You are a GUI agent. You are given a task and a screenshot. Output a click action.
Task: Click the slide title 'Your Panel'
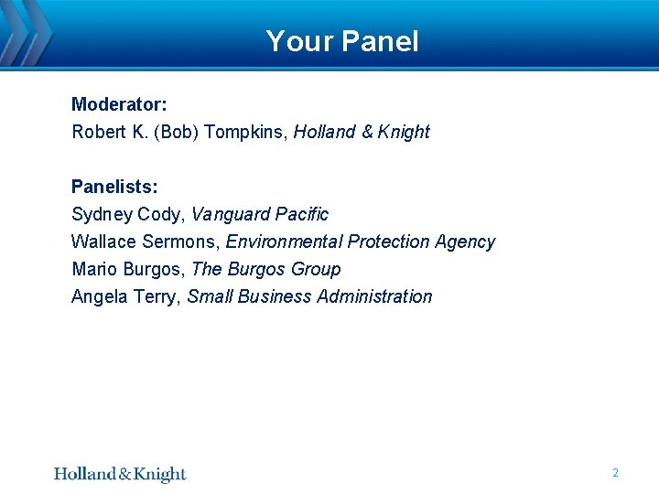coord(342,41)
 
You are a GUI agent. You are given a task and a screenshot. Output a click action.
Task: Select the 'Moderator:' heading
coord(119,104)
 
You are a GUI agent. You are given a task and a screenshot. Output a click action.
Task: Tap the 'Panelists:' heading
coord(114,187)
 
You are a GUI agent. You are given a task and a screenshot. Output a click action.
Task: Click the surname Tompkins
coord(245,132)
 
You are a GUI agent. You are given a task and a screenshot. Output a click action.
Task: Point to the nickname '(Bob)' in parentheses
coord(177,132)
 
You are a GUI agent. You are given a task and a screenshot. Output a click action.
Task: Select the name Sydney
coord(102,215)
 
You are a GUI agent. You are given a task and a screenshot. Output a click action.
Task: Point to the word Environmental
coord(282,242)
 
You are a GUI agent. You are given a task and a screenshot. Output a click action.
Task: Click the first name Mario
coord(93,269)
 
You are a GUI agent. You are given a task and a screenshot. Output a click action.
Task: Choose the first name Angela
coord(98,296)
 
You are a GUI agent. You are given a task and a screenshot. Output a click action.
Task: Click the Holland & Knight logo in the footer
coord(120,474)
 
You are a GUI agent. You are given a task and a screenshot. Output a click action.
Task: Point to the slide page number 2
coord(615,473)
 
